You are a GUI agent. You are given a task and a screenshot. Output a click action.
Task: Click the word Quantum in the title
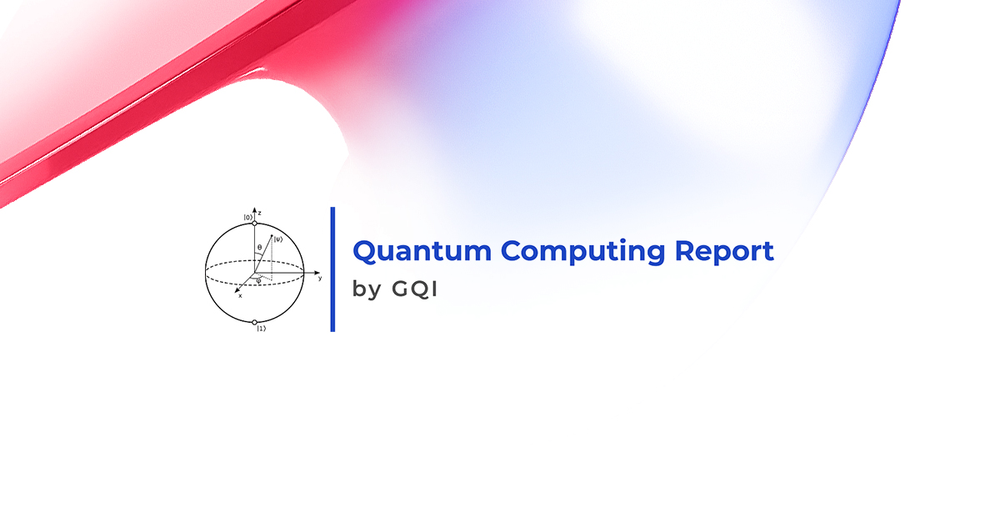(x=422, y=251)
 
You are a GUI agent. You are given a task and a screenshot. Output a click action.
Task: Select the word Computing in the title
(x=583, y=251)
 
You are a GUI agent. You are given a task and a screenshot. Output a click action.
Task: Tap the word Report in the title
(x=724, y=251)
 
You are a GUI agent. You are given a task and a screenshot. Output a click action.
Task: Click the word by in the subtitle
(x=367, y=289)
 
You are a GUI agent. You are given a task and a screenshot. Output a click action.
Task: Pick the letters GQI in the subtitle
(x=415, y=289)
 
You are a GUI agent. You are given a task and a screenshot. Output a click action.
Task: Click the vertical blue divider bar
(x=332, y=269)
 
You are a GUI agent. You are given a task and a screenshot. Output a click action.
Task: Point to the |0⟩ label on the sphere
(x=247, y=217)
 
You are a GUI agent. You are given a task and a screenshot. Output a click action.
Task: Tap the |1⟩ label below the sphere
(x=262, y=329)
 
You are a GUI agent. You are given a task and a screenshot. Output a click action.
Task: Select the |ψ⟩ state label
(x=278, y=239)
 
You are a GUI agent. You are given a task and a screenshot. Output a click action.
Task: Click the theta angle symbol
(x=259, y=247)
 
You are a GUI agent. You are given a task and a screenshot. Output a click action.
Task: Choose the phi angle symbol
(x=258, y=281)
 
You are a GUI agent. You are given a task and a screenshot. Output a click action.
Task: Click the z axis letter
(x=259, y=213)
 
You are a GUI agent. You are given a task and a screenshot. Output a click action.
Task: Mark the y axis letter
(x=320, y=278)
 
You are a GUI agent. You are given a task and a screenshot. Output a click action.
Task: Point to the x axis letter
(x=240, y=295)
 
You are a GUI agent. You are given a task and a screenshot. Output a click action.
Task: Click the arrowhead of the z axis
(x=254, y=209)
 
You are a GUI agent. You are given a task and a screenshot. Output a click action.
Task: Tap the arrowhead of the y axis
(x=317, y=272)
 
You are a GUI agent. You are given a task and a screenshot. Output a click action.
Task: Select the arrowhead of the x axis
(x=237, y=290)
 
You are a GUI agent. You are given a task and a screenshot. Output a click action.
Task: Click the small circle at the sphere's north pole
(x=254, y=223)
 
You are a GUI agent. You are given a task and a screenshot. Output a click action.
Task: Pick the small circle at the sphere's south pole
(x=254, y=322)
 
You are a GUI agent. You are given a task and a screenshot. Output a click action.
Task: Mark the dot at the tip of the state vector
(x=272, y=235)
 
